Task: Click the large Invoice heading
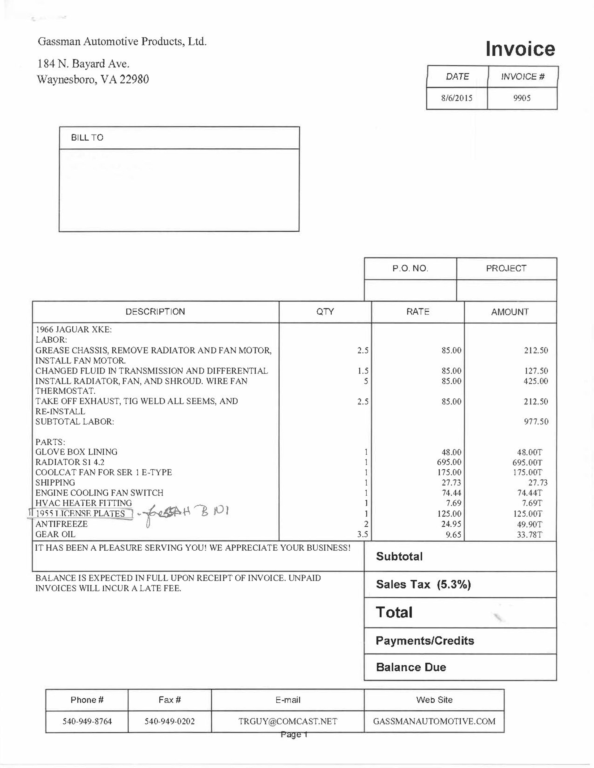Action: point(520,49)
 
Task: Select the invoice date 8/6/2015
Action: point(457,98)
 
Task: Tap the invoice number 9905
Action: point(522,98)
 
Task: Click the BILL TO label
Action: point(87,138)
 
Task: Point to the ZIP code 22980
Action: point(134,79)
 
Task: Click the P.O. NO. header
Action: point(410,269)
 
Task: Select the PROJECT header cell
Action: point(506,269)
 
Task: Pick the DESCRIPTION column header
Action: point(155,312)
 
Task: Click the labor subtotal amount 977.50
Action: point(536,422)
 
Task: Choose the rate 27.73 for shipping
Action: point(451,482)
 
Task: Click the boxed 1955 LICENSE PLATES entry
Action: point(80,514)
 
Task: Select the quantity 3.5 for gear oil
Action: point(363,534)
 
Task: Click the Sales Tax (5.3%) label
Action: point(423,584)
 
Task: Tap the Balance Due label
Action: point(411,667)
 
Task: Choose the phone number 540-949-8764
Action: point(87,721)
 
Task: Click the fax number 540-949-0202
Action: point(170,721)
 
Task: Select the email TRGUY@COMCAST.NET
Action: point(287,721)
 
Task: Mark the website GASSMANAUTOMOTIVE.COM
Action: point(434,721)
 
